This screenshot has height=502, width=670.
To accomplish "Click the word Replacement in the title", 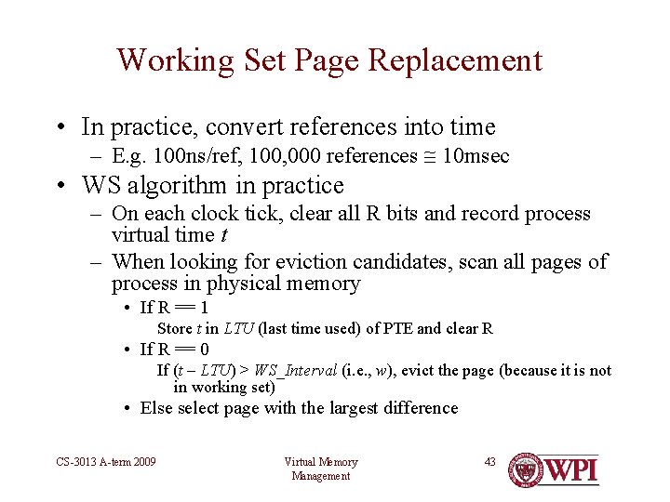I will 455,60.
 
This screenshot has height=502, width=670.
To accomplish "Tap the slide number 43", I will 489,462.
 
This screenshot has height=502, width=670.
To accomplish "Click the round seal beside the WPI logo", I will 527,469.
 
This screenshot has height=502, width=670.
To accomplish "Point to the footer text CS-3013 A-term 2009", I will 105,462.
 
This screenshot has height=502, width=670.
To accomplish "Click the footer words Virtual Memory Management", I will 320,469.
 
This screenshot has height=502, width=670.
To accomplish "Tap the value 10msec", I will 476,156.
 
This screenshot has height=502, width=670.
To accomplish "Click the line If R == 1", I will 174,308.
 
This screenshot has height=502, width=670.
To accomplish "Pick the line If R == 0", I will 174,350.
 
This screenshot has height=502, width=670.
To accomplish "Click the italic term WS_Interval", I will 299,370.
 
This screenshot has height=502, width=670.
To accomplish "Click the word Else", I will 155,408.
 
